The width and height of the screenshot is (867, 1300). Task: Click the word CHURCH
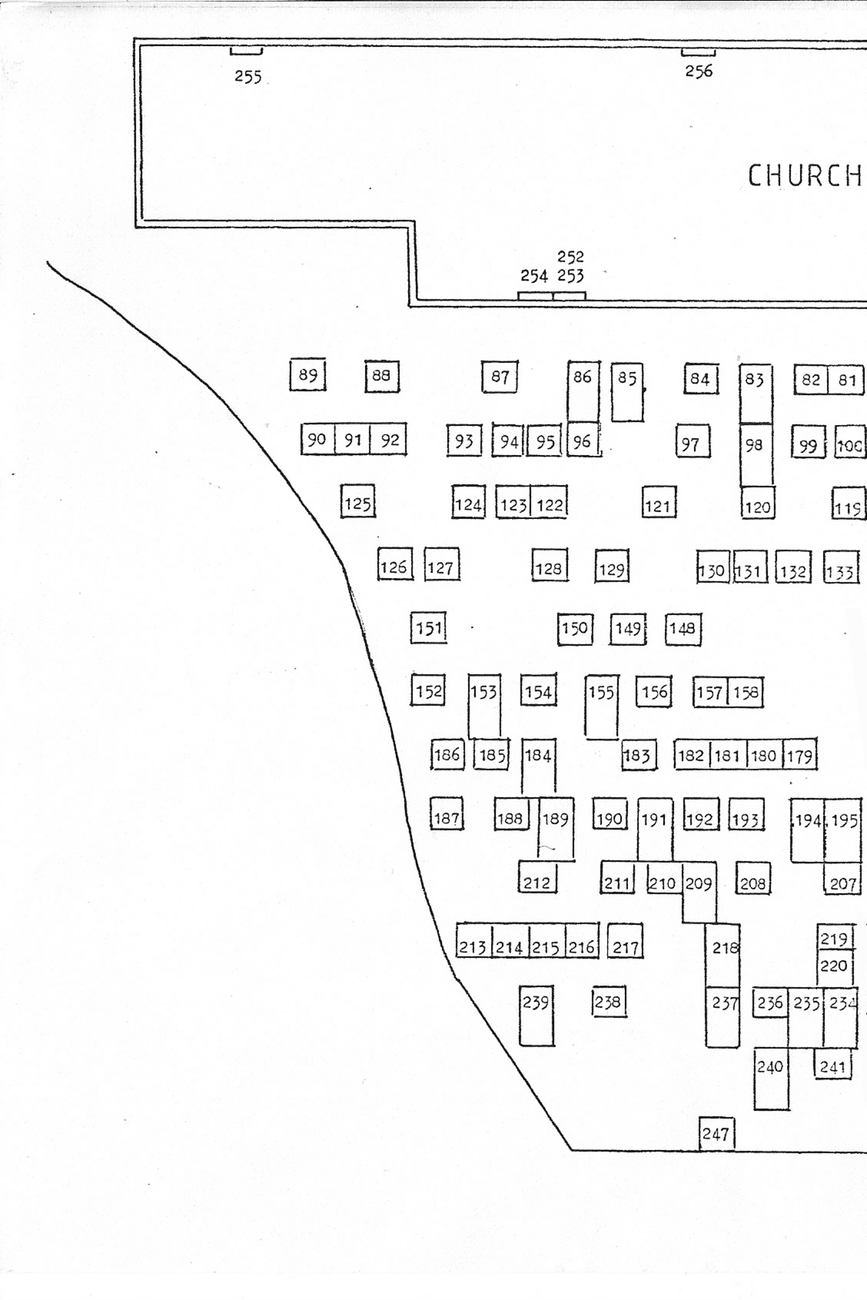coord(805,175)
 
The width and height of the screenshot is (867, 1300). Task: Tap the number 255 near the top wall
coord(248,77)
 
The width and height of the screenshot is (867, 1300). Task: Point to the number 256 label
coord(699,71)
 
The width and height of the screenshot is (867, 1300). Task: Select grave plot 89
coord(308,375)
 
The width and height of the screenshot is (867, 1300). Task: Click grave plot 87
coord(499,377)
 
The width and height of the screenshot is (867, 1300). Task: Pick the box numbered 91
coord(353,439)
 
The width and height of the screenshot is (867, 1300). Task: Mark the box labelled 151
coord(428,628)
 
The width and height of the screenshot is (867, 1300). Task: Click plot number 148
coord(683,629)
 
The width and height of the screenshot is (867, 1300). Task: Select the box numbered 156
coord(654,692)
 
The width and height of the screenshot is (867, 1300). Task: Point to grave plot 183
coord(639,755)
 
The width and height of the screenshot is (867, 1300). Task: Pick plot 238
coord(609,1002)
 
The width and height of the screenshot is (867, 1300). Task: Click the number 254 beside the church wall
coord(534,276)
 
